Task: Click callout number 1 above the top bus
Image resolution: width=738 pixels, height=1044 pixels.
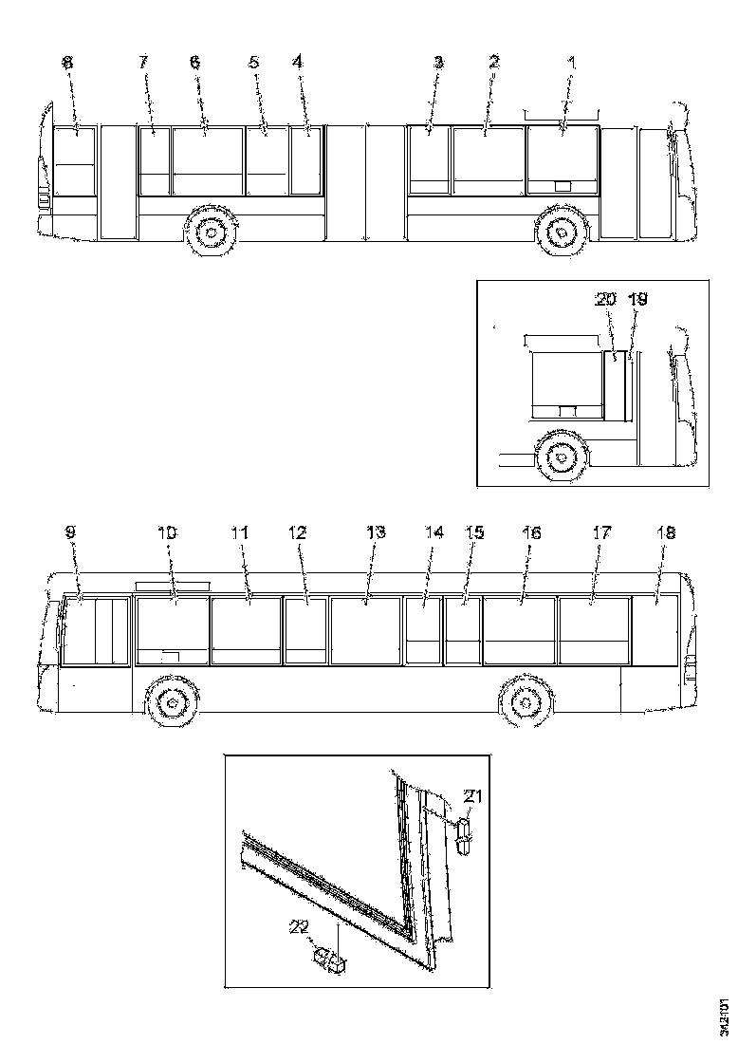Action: tap(571, 62)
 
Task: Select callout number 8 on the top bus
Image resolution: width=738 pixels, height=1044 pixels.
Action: tap(66, 62)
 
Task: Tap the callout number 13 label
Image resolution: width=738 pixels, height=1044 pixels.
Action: tap(377, 533)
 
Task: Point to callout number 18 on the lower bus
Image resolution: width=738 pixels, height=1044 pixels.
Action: tap(666, 533)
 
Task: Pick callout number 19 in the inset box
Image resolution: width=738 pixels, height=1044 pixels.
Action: tap(638, 299)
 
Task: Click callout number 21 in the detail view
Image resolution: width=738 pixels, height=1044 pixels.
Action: tap(472, 796)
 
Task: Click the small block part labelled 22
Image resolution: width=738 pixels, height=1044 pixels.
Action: tap(330, 960)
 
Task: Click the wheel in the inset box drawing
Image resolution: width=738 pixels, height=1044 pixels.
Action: tap(560, 456)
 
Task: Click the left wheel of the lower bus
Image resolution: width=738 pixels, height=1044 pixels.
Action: tap(169, 703)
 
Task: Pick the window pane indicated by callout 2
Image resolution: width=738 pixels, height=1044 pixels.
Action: tap(488, 159)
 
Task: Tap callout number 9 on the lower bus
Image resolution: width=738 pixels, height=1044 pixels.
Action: tap(70, 533)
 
